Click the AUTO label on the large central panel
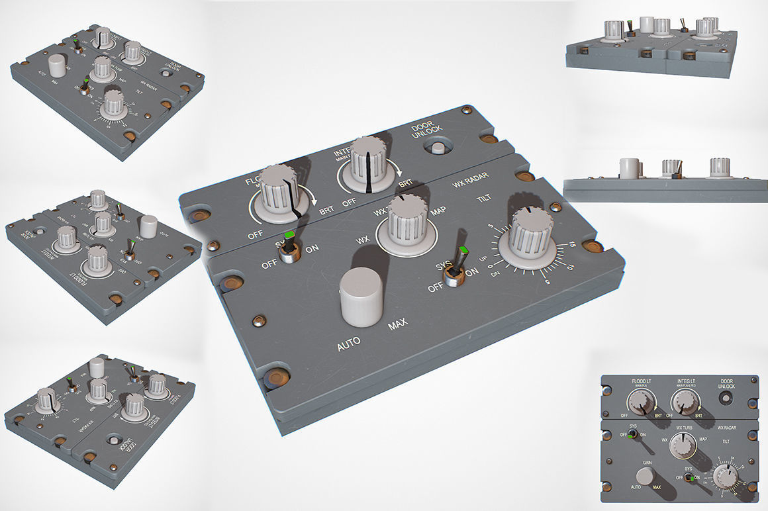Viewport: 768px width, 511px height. tap(349, 345)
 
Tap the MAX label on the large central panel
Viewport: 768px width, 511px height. tap(398, 324)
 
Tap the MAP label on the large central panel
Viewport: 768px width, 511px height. tap(438, 212)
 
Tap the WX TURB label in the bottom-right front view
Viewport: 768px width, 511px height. tap(683, 428)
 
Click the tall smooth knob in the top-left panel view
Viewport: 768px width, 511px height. tap(58, 67)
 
